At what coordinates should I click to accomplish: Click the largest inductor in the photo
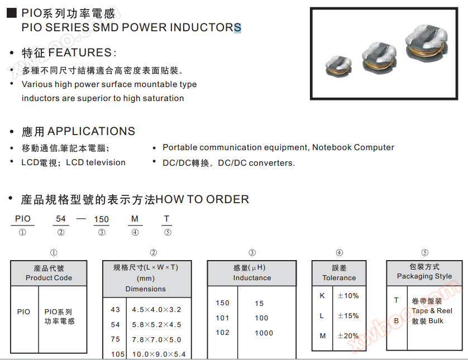(x=427, y=43)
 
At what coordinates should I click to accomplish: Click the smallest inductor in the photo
(x=338, y=66)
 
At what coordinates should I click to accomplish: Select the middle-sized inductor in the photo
(x=379, y=57)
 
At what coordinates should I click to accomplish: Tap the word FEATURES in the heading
(x=80, y=52)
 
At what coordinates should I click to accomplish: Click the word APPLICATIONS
(x=92, y=131)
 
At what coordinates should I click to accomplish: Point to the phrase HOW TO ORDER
(x=202, y=199)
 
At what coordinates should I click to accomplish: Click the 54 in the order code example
(x=60, y=219)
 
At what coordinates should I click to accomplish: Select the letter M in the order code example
(x=135, y=219)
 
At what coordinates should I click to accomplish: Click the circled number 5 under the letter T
(x=168, y=232)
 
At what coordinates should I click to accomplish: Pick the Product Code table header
(x=49, y=273)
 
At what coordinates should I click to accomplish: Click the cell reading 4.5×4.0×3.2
(x=157, y=310)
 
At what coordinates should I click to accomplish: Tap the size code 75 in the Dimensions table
(x=115, y=339)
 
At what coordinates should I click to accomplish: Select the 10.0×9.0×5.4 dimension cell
(x=159, y=354)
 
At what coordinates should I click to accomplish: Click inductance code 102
(x=222, y=333)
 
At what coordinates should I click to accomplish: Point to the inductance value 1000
(x=264, y=333)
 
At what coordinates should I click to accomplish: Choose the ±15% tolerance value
(x=348, y=316)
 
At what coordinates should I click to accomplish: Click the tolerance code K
(x=322, y=296)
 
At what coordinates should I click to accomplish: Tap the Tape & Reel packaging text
(x=432, y=311)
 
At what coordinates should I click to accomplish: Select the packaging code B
(x=397, y=321)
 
